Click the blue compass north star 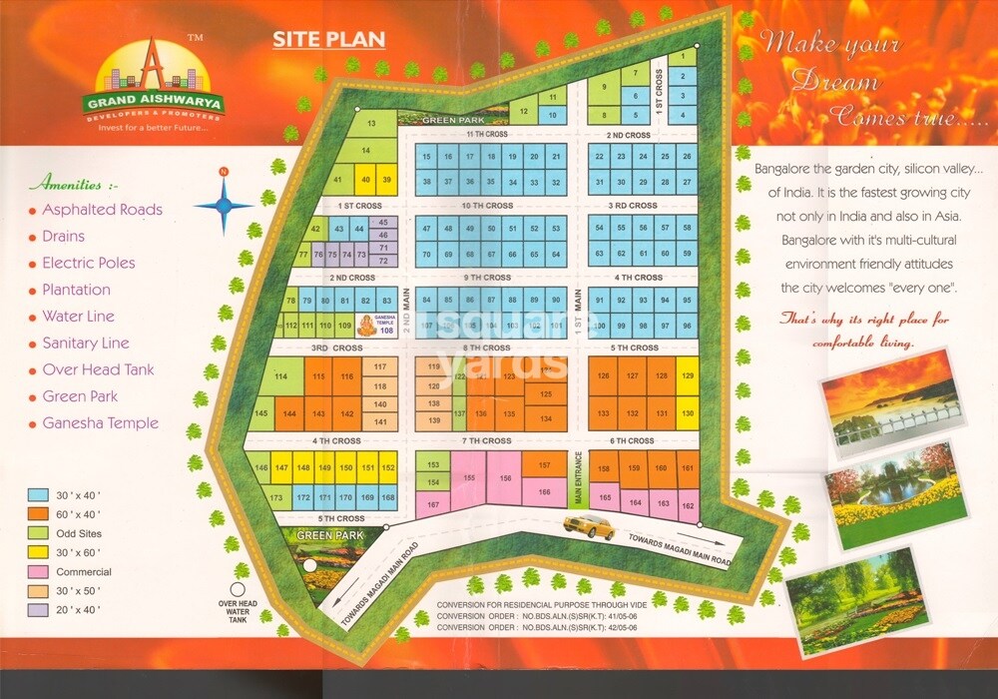[224, 205]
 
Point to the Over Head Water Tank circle [239, 589]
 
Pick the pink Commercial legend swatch [39, 572]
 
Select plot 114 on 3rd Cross [281, 376]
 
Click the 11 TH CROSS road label [488, 134]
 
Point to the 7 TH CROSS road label [488, 440]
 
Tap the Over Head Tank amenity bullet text [98, 369]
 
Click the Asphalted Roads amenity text [102, 210]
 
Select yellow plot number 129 [687, 376]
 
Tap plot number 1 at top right [683, 58]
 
